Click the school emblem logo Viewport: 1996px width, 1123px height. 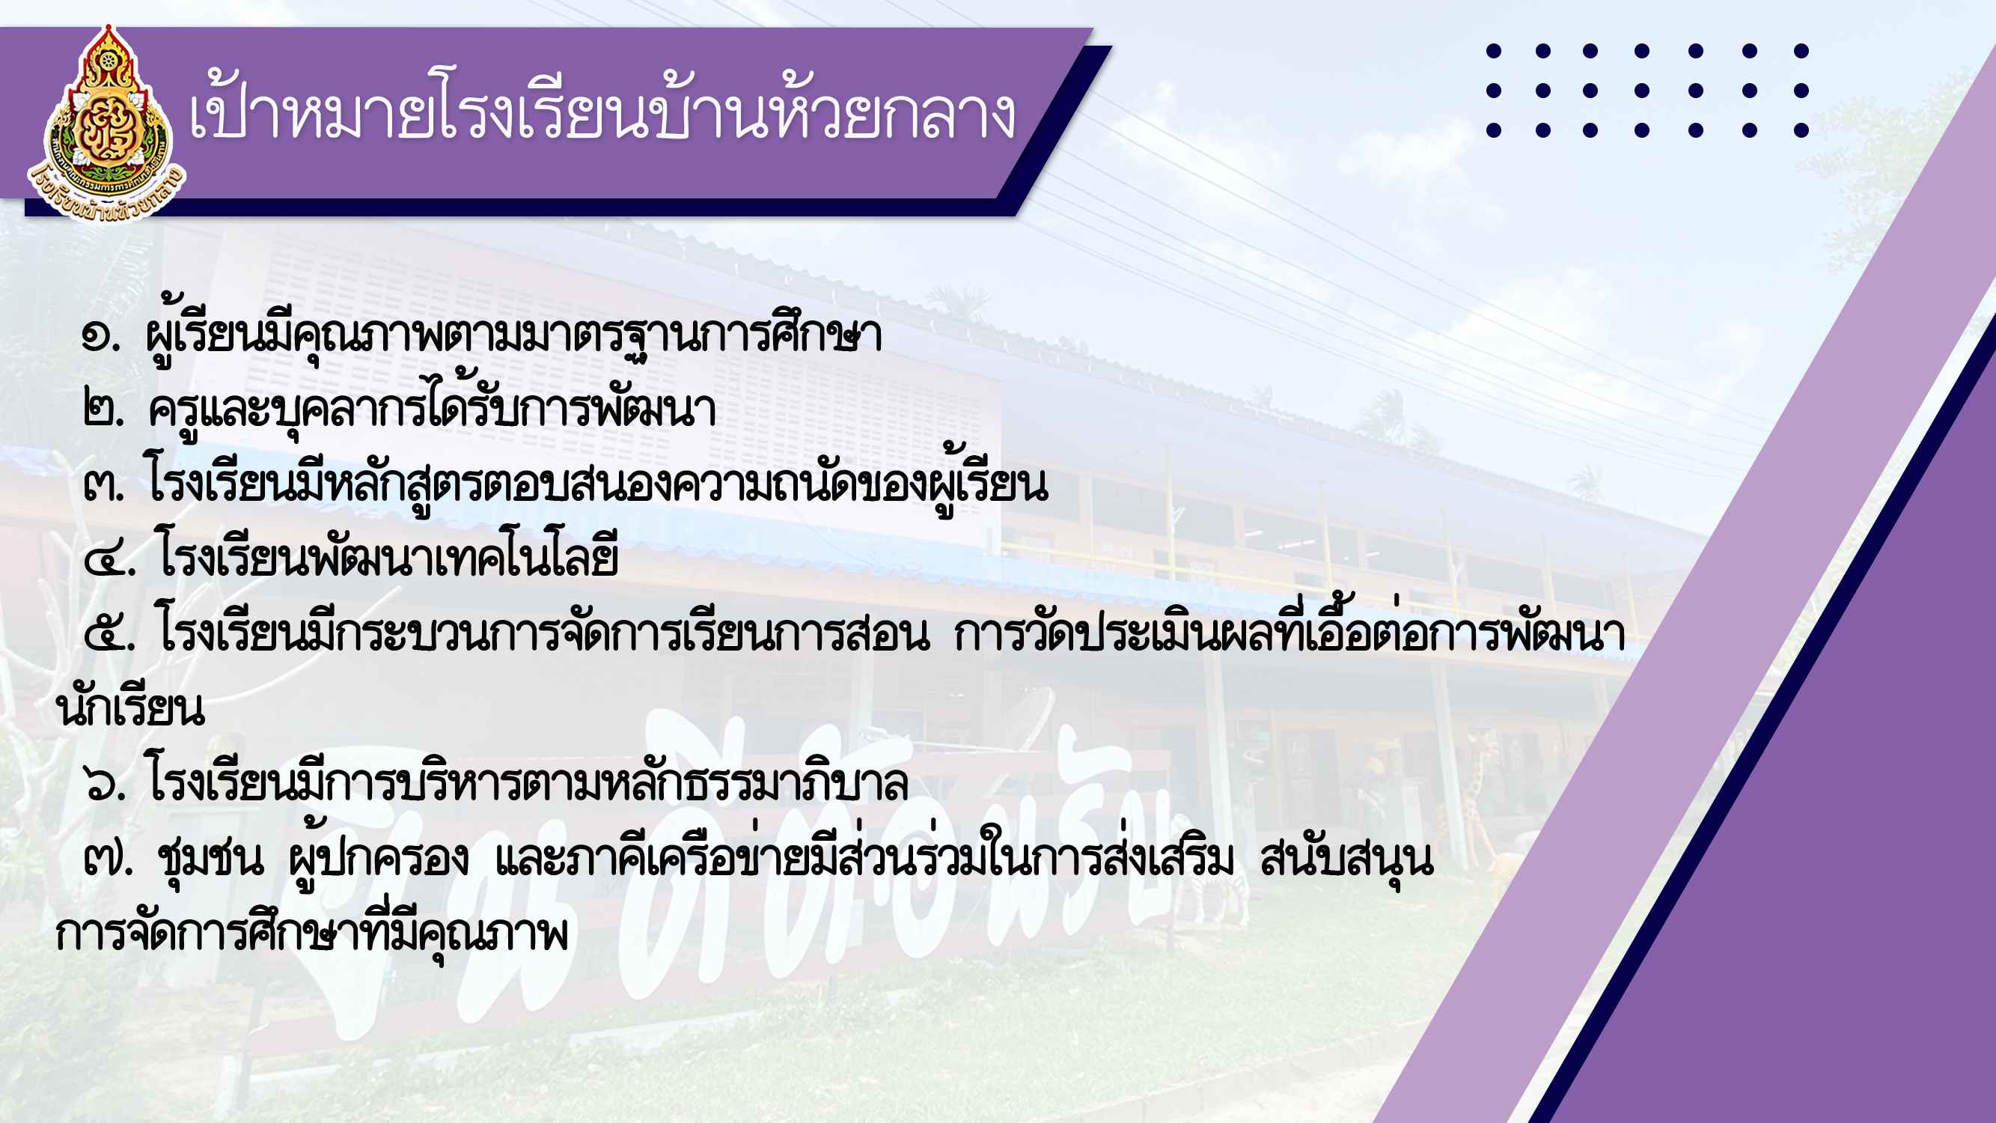point(106,124)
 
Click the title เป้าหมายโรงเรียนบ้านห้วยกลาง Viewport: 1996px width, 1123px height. point(602,115)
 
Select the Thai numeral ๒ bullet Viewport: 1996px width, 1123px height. point(103,411)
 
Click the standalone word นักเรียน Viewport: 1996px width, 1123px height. point(131,707)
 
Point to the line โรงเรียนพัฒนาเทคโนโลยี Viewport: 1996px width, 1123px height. point(388,555)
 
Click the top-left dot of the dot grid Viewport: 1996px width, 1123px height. point(1494,51)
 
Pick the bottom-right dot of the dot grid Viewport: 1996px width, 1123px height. point(1801,130)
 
